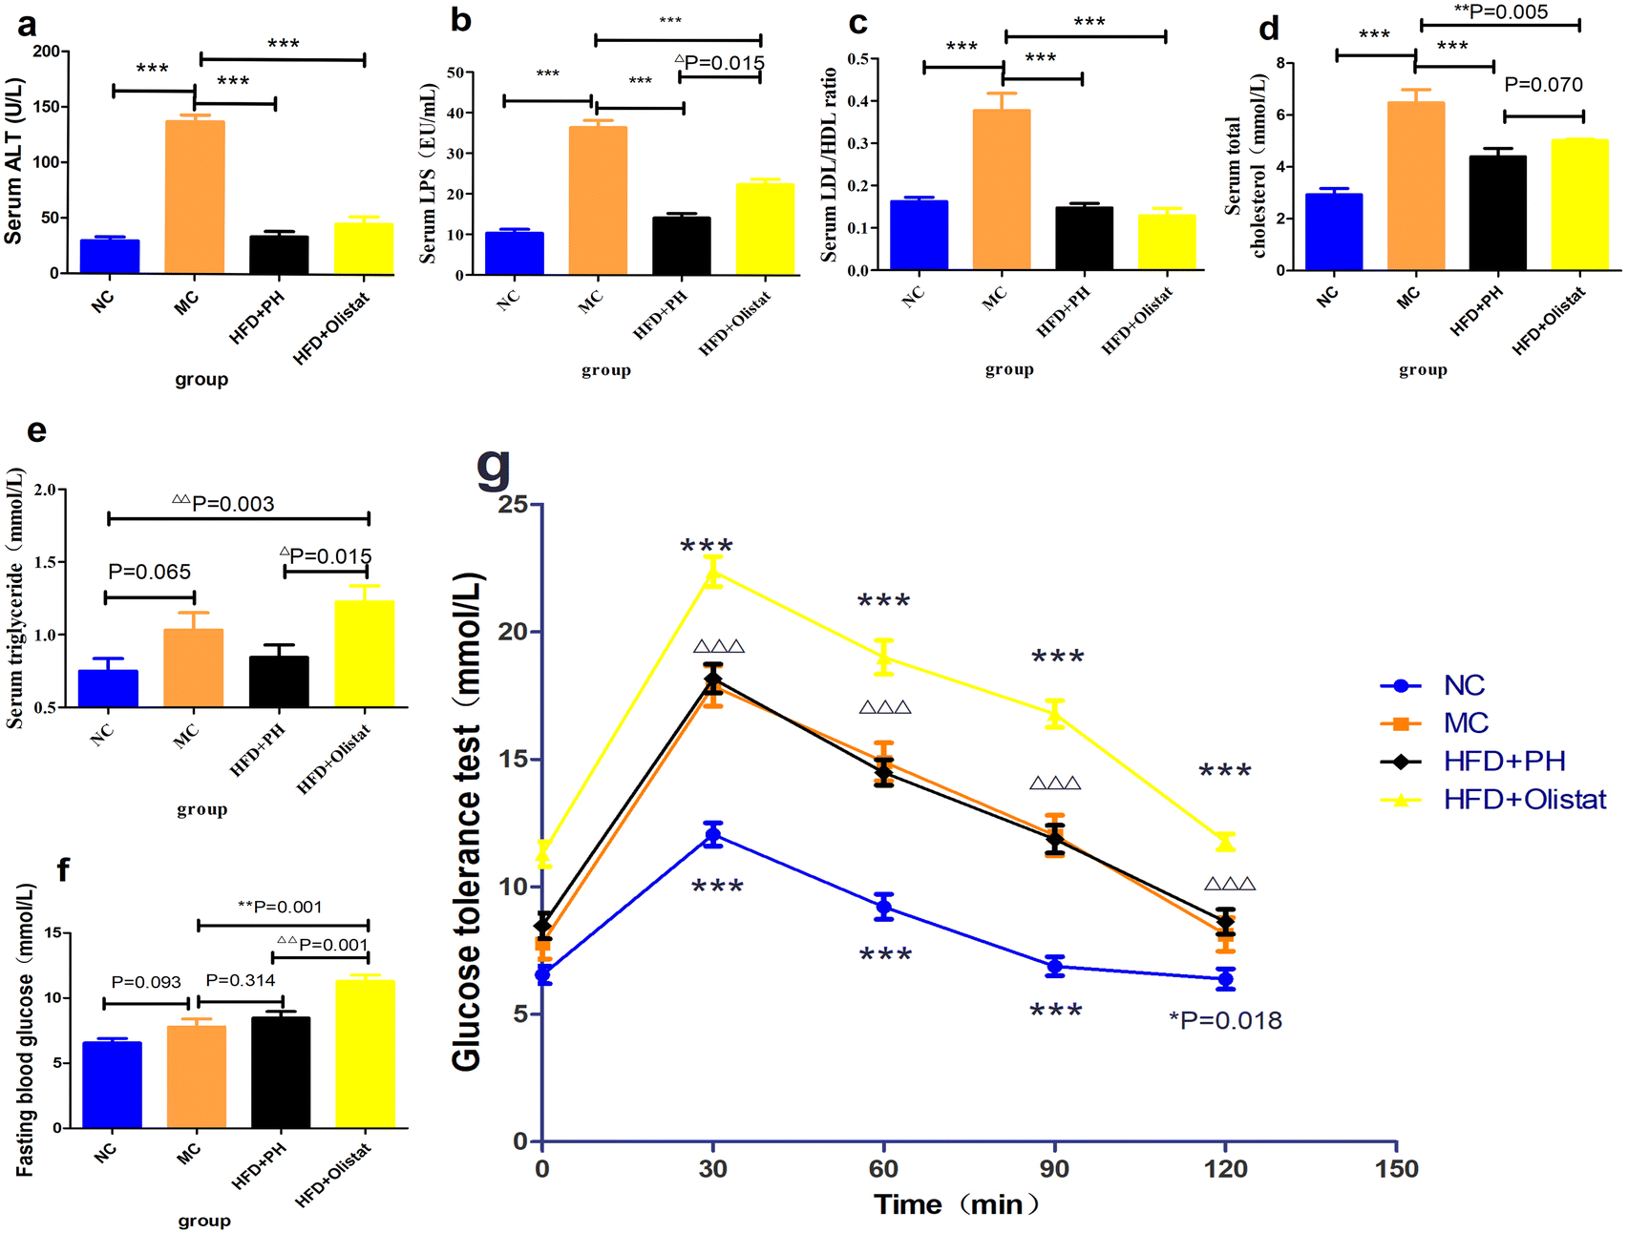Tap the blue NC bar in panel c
(x=919, y=235)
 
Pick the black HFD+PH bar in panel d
(x=1497, y=213)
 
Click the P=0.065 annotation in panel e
(x=149, y=572)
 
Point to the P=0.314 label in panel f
(x=240, y=980)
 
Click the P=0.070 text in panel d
(x=1543, y=85)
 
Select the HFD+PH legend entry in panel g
(x=1504, y=761)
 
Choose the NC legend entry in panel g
(x=1464, y=685)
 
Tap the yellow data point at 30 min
(x=713, y=573)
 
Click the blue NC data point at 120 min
(x=1225, y=979)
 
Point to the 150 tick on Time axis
(x=1396, y=1169)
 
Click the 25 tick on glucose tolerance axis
(x=513, y=504)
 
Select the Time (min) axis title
(x=956, y=1204)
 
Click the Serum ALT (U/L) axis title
(x=13, y=162)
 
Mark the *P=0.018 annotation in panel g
(x=1225, y=1020)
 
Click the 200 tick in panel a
(x=44, y=52)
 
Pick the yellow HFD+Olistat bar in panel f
(x=365, y=1054)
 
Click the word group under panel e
(x=201, y=809)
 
